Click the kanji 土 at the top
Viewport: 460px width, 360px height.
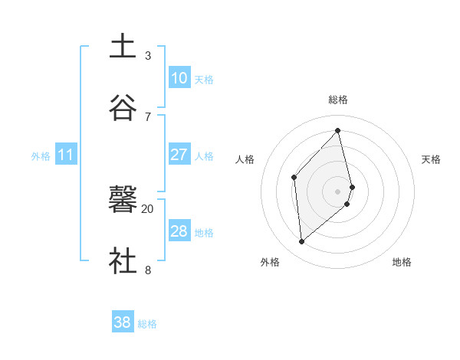pyautogui.click(x=123, y=46)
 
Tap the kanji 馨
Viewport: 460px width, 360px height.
pyautogui.click(x=123, y=201)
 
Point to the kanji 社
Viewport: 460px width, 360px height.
pyautogui.click(x=123, y=260)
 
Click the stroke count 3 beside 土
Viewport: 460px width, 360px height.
pyautogui.click(x=148, y=55)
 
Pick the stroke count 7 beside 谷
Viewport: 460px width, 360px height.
pyautogui.click(x=148, y=116)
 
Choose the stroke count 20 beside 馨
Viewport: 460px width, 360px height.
pyautogui.click(x=148, y=208)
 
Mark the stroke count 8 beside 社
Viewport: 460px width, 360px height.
pyautogui.click(x=148, y=270)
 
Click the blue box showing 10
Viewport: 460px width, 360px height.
pyautogui.click(x=179, y=78)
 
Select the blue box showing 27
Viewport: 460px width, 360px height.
pyautogui.click(x=179, y=155)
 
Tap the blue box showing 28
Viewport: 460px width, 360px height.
pyautogui.click(x=179, y=231)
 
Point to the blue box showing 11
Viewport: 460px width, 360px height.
pyautogui.click(x=66, y=155)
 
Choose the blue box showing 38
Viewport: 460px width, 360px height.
pyautogui.click(x=122, y=323)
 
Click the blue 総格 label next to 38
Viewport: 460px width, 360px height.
pyautogui.click(x=147, y=324)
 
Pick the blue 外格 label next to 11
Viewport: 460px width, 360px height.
pyautogui.click(x=41, y=156)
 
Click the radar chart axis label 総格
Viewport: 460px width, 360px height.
pyautogui.click(x=338, y=100)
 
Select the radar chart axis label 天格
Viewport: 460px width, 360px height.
pyautogui.click(x=431, y=159)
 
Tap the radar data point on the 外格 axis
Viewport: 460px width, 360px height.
pyautogui.click(x=302, y=242)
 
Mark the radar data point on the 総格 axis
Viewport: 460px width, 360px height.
pyautogui.click(x=338, y=131)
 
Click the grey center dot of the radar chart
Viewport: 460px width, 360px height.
pyautogui.click(x=338, y=190)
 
